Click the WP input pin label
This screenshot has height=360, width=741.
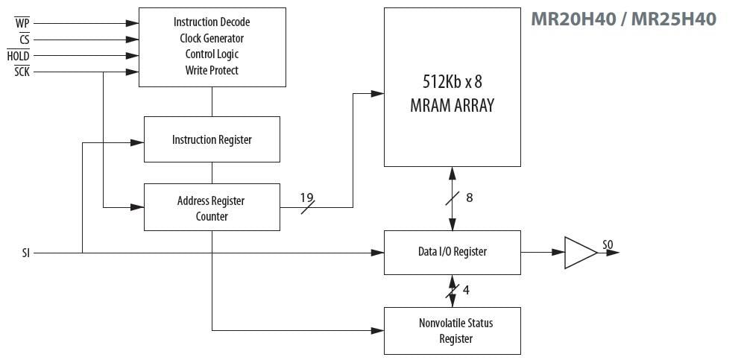point(22,23)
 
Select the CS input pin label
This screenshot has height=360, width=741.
point(24,40)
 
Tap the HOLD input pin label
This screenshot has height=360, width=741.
point(19,56)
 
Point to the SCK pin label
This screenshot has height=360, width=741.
point(22,72)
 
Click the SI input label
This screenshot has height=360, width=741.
point(26,253)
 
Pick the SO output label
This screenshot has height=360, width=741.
point(608,245)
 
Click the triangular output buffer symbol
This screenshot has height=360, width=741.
point(579,253)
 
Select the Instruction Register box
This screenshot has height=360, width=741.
point(212,139)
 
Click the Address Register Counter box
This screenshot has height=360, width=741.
point(212,207)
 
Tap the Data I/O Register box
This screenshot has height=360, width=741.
point(452,252)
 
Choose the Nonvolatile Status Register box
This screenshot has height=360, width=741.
point(452,330)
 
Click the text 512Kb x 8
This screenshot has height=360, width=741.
point(452,82)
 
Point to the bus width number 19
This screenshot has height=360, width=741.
point(306,198)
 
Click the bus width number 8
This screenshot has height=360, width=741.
point(469,198)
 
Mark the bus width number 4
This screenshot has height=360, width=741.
point(466,291)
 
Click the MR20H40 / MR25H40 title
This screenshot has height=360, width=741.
point(623,19)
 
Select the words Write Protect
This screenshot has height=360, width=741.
point(212,70)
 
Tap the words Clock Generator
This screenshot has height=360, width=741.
point(212,38)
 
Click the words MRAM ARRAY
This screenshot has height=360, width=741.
point(452,105)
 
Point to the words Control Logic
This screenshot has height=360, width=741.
point(212,54)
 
